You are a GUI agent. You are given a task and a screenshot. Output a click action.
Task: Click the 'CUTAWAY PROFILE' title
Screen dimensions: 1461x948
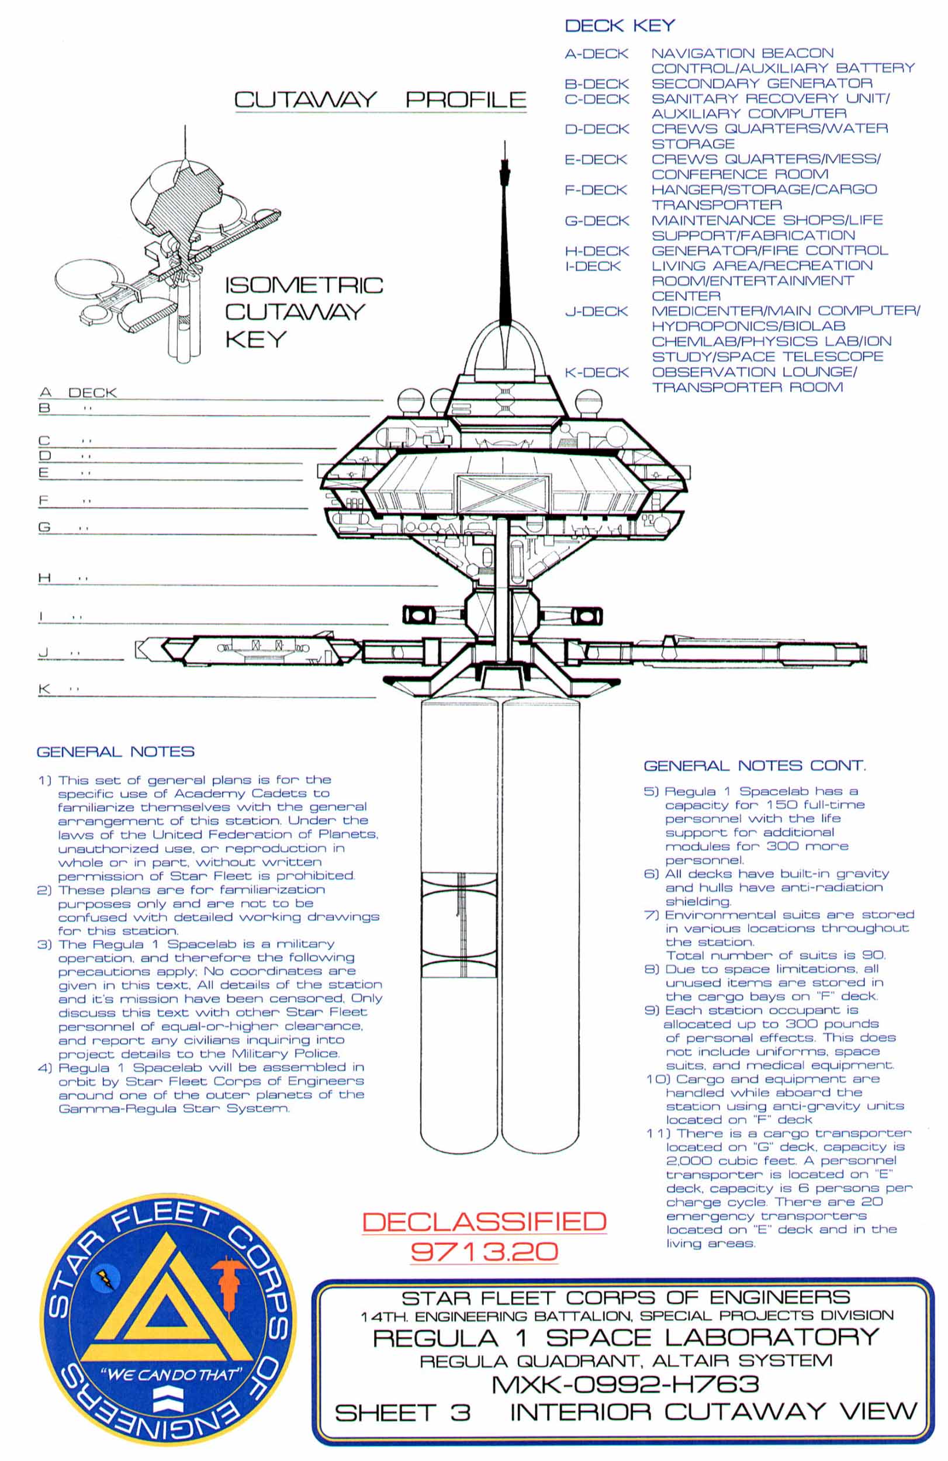coord(380,99)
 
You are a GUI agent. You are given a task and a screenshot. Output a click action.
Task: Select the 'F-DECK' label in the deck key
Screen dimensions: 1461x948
coord(596,191)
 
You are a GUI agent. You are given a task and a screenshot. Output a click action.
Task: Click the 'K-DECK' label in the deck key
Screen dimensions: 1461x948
coord(596,373)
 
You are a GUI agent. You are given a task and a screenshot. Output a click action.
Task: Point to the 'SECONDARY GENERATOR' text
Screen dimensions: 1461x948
coord(762,84)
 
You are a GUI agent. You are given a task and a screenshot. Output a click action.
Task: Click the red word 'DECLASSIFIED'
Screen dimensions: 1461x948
coord(484,1221)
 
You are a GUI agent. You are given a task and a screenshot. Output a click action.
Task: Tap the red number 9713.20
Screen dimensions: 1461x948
coord(484,1251)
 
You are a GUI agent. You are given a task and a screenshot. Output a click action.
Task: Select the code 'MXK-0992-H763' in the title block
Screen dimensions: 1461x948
coord(625,1384)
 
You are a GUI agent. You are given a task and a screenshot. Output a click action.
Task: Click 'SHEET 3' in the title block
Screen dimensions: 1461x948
coord(402,1412)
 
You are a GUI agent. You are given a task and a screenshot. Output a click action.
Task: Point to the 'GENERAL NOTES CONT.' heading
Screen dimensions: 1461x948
coord(754,766)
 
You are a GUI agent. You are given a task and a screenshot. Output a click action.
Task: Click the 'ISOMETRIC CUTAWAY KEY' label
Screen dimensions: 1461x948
coord(303,312)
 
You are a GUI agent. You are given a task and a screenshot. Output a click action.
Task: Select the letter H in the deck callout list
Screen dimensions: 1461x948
coord(44,577)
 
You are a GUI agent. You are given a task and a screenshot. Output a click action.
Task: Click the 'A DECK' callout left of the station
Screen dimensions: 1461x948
coord(77,392)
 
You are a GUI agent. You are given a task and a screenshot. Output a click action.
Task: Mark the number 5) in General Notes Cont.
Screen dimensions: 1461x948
coord(651,791)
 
